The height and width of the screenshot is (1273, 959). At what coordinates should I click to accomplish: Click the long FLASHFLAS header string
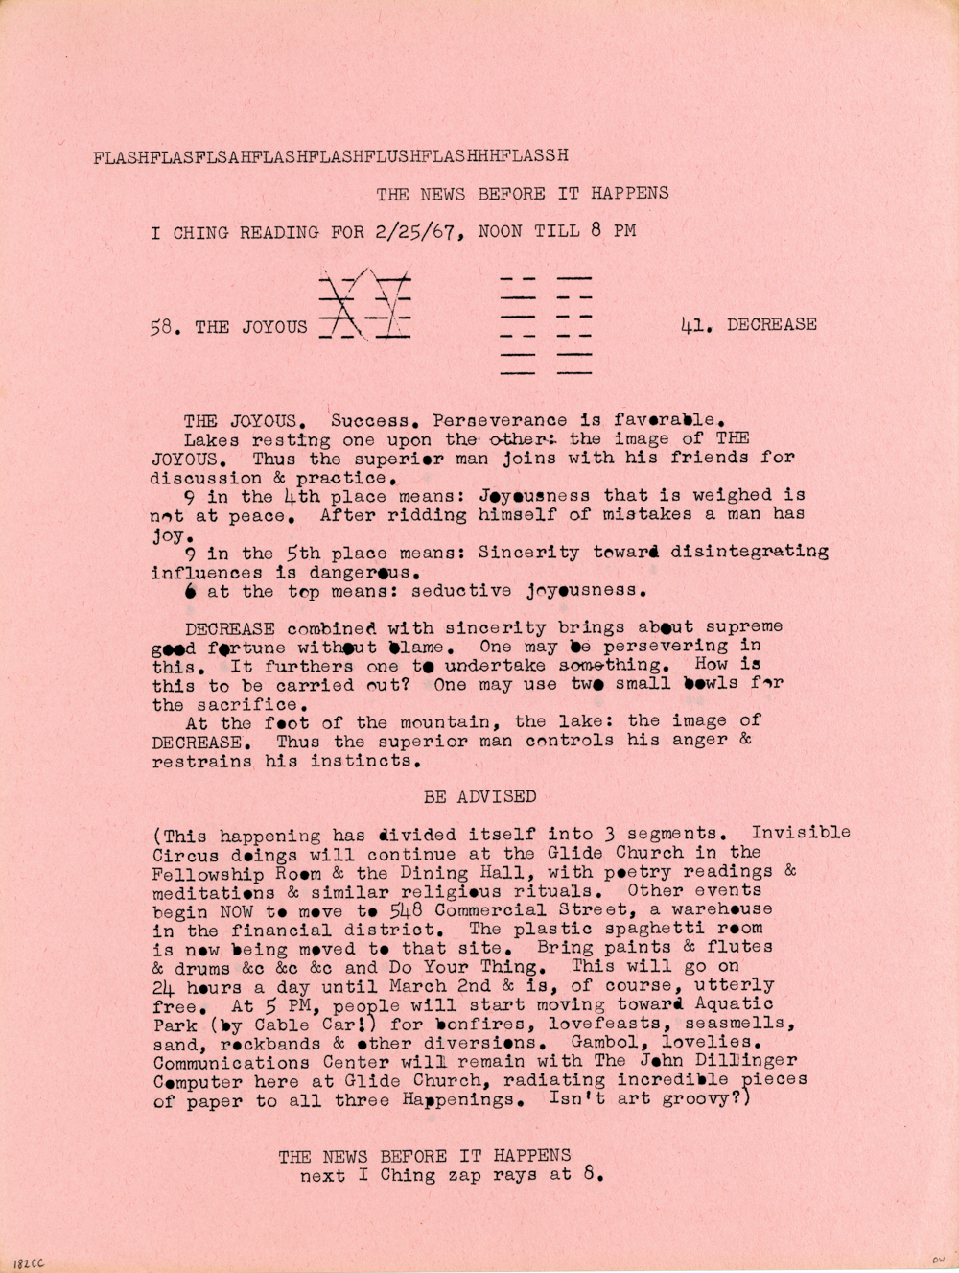pyautogui.click(x=331, y=156)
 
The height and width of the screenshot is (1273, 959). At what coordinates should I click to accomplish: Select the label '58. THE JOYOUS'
pyautogui.click(x=228, y=327)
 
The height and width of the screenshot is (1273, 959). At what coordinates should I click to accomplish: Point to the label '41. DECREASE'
pyautogui.click(x=748, y=324)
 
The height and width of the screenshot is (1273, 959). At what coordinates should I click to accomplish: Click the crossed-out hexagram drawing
pyautogui.click(x=364, y=305)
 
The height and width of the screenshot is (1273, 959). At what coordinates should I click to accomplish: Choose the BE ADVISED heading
pyautogui.click(x=479, y=796)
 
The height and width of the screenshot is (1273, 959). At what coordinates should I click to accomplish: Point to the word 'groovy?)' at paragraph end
pyautogui.click(x=711, y=1098)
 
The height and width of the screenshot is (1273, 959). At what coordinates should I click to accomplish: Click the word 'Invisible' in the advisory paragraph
pyautogui.click(x=800, y=833)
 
